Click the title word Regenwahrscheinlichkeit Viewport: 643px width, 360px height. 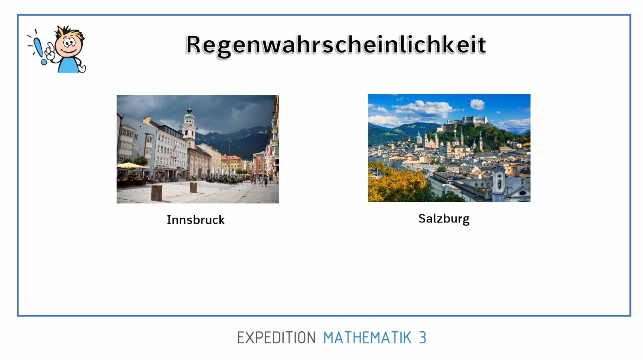tap(336, 45)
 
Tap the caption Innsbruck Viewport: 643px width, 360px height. tap(196, 220)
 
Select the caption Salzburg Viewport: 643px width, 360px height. tap(444, 219)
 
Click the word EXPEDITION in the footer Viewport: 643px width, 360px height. tap(276, 338)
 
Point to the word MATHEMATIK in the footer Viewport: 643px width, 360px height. tap(367, 338)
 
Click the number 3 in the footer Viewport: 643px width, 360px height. tap(423, 338)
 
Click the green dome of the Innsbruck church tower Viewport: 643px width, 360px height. tap(189, 116)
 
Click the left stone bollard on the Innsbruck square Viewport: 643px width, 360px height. tap(157, 193)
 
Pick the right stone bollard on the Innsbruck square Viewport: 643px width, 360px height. tap(194, 187)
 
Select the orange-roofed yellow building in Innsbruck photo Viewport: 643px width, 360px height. tap(232, 163)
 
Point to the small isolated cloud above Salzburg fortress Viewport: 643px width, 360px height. tap(477, 104)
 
